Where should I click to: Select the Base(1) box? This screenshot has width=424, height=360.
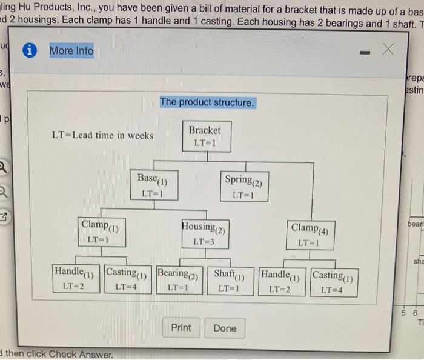tap(152, 185)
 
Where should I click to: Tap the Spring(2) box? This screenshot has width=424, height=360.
tap(242, 186)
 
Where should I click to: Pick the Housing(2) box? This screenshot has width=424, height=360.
tap(204, 233)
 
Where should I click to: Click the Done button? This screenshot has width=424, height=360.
tap(225, 328)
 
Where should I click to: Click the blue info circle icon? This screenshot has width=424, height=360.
tap(28, 52)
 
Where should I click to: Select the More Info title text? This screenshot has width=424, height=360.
tap(71, 51)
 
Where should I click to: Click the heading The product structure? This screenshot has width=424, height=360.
tap(207, 102)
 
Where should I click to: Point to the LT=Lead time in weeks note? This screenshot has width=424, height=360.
tap(103, 135)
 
